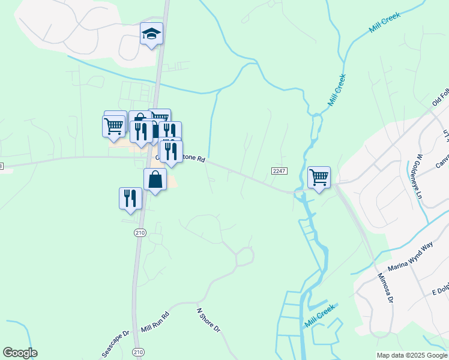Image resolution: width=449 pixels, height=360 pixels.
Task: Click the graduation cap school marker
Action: pos(151,35)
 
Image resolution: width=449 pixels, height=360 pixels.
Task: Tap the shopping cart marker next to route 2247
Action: pos(319,177)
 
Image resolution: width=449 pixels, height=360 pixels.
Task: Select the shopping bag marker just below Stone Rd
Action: pos(155,179)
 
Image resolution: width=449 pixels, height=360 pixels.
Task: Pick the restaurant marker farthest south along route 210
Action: pos(130,197)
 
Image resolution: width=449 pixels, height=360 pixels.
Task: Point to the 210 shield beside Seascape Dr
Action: pos(139,352)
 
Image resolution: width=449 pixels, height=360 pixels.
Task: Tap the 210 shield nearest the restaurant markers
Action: pos(140,233)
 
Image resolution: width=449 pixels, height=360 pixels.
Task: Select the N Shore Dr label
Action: pos(209,320)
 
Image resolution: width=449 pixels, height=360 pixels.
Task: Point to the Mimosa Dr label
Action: pos(385,289)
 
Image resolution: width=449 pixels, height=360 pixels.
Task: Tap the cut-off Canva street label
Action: pos(442,159)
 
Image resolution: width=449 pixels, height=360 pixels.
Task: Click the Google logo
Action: pos(20,353)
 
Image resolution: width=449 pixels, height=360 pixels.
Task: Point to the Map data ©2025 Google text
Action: pos(412,355)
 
